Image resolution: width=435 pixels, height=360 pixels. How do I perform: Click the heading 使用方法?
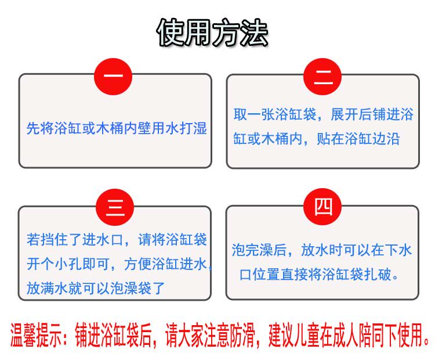tap(213, 33)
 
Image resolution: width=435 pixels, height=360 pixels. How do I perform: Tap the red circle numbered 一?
tap(114, 76)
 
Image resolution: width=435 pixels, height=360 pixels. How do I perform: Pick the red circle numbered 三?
tap(115, 207)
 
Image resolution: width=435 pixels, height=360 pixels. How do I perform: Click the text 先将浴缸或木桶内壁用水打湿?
tap(117, 128)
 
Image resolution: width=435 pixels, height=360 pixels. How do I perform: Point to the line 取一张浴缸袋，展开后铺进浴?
tap(323, 114)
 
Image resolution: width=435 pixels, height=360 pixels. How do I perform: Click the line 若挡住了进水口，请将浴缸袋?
tap(117, 239)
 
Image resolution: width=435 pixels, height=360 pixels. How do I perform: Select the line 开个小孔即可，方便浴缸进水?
tap(117, 264)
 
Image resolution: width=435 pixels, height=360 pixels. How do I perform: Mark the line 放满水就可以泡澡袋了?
tap(96, 288)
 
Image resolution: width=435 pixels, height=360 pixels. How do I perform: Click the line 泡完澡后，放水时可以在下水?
tap(322, 251)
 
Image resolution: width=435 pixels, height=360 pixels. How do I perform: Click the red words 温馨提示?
tap(35, 336)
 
